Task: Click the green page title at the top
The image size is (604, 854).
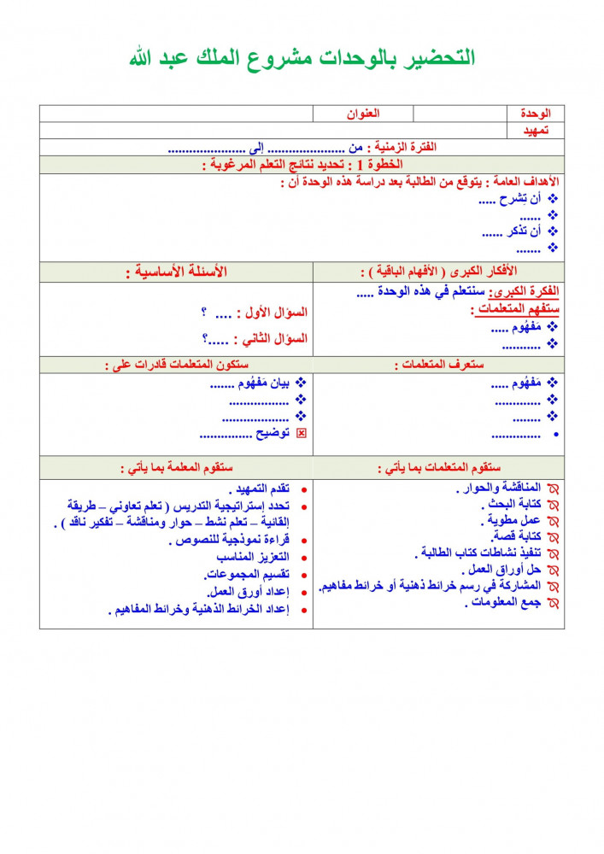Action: click(x=302, y=58)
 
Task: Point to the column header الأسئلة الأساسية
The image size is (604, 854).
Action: click(x=176, y=272)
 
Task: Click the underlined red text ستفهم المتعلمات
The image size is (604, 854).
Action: click(x=514, y=309)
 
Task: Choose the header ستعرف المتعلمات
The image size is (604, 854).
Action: click(x=439, y=365)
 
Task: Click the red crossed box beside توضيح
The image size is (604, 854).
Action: click(x=301, y=434)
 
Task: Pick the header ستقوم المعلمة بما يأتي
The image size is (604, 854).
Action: click(x=176, y=468)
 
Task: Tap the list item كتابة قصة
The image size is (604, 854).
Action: click(x=518, y=537)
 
